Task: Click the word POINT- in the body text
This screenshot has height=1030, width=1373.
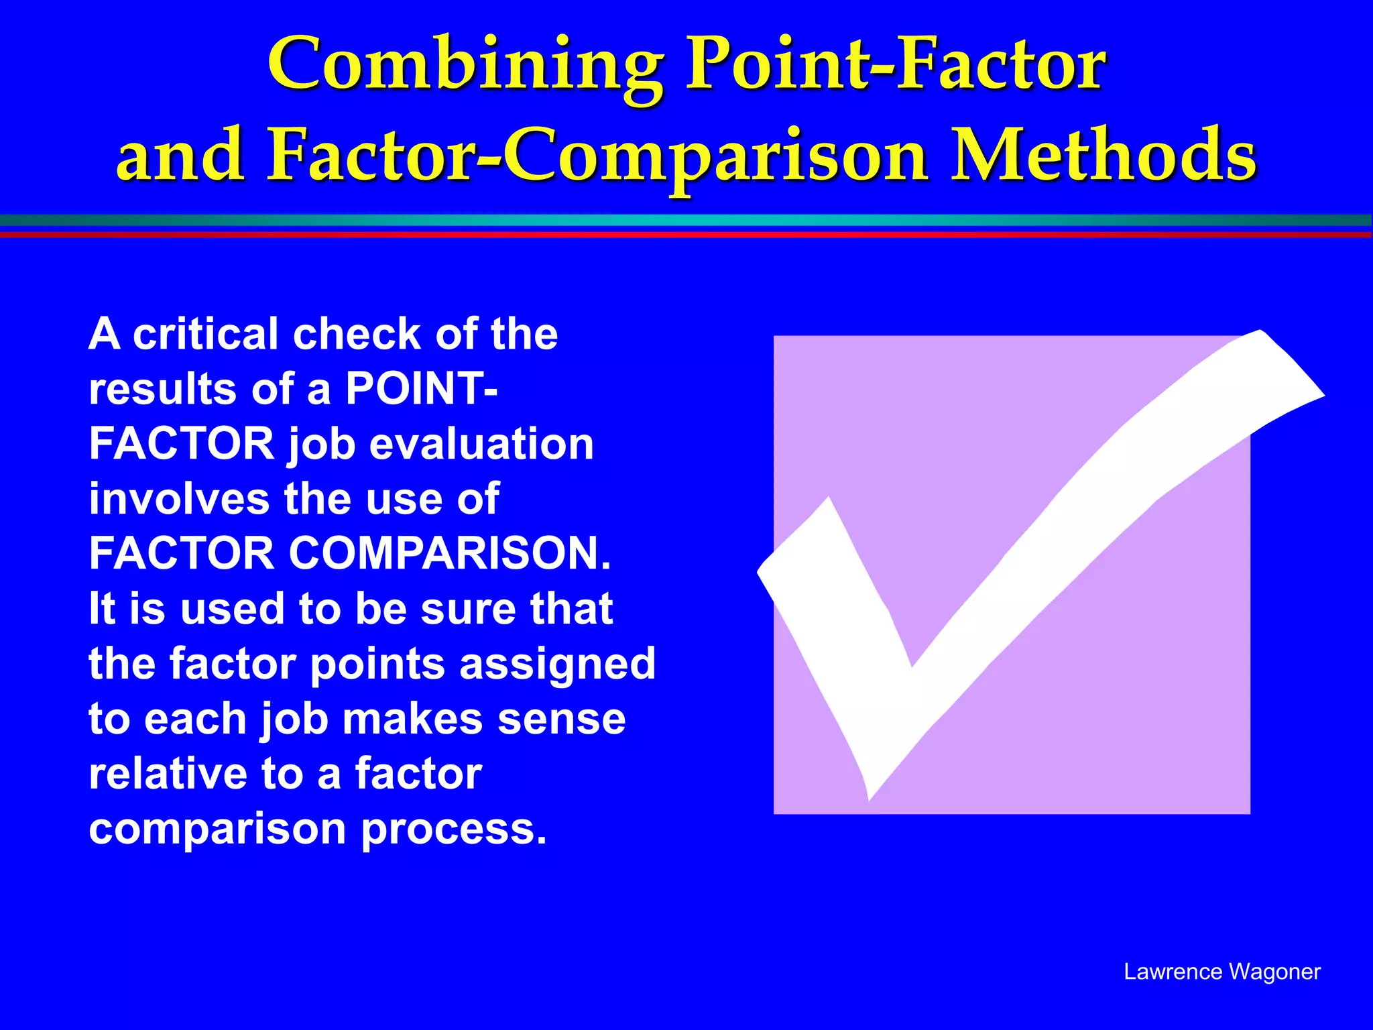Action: click(x=422, y=389)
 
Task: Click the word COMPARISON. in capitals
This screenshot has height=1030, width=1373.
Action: click(x=450, y=554)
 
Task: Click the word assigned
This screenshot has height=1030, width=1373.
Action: click(x=557, y=664)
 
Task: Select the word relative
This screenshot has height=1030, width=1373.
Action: click(x=168, y=774)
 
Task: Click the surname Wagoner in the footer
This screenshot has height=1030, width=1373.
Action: click(x=1274, y=972)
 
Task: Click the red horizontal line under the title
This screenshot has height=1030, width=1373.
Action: click(x=686, y=234)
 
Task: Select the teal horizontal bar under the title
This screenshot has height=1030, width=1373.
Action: click(x=686, y=221)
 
